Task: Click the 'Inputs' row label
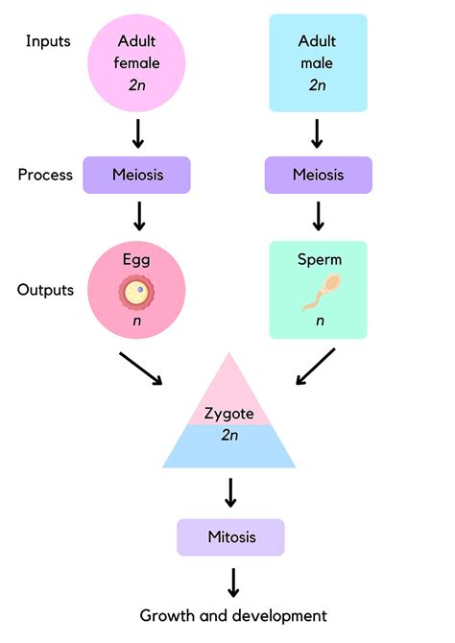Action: click(48, 41)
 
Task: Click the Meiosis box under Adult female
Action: click(137, 176)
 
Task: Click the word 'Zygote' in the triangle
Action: click(229, 415)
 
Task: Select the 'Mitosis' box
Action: click(230, 536)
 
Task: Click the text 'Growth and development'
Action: click(233, 615)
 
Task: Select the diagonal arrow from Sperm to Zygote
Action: click(316, 368)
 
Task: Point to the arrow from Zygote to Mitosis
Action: click(230, 491)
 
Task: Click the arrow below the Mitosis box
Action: click(230, 582)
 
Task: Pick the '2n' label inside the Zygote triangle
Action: click(229, 435)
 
